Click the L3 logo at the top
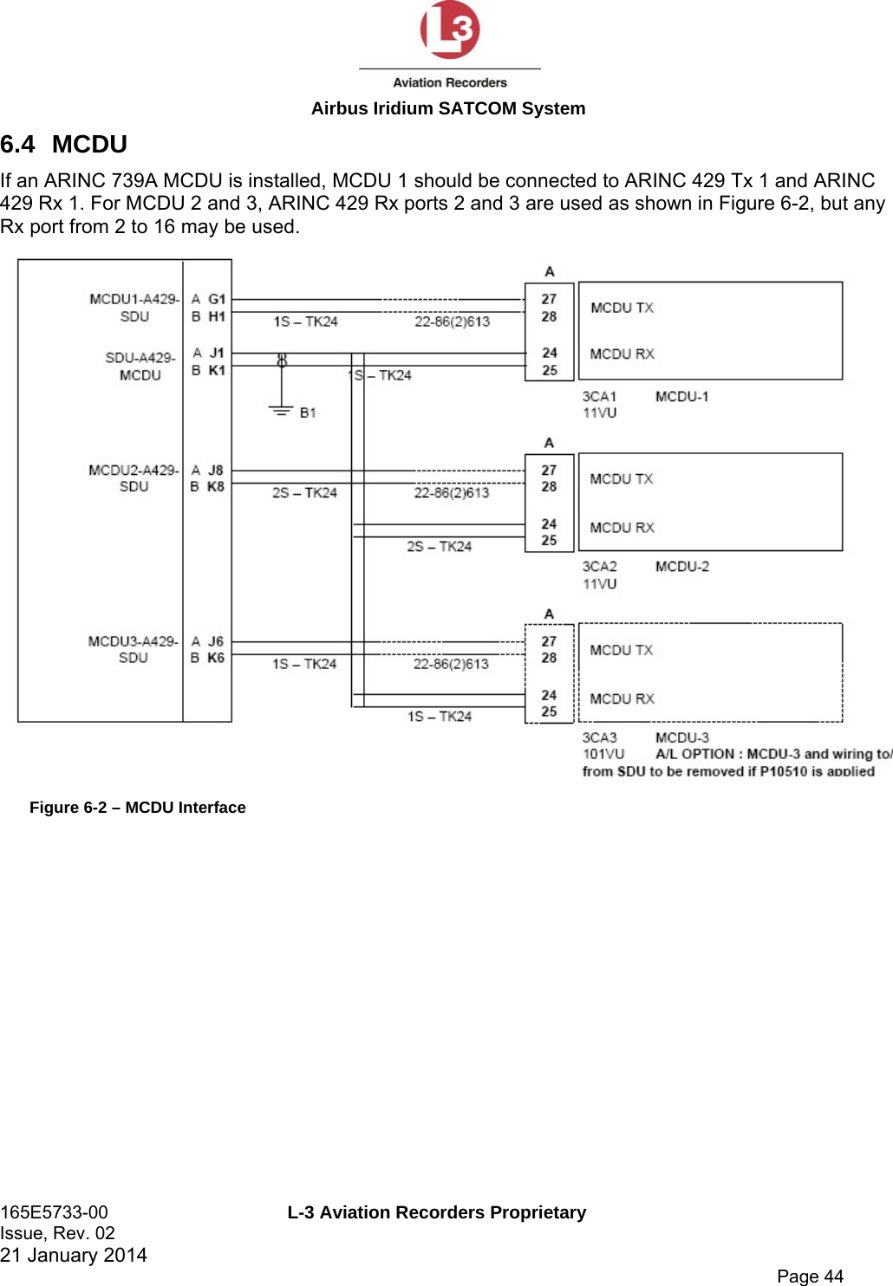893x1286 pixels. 450,30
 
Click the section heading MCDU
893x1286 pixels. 89,144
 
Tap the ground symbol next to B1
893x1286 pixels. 281,411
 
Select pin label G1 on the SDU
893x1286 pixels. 217,299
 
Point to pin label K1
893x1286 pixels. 217,370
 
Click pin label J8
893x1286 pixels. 216,470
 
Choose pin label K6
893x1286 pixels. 216,658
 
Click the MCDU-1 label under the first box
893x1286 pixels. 681,396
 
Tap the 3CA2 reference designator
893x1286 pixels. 599,567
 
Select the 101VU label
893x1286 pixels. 603,754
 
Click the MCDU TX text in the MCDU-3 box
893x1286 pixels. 621,650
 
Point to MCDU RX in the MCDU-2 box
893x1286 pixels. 622,527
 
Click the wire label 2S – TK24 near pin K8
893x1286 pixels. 304,492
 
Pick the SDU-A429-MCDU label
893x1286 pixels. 140,366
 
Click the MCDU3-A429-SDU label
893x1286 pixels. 133,649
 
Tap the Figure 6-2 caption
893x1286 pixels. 138,808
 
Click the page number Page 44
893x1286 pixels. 810,1276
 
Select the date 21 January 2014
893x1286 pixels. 74,1255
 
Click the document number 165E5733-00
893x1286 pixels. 54,1212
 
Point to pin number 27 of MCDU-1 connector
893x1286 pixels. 549,299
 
